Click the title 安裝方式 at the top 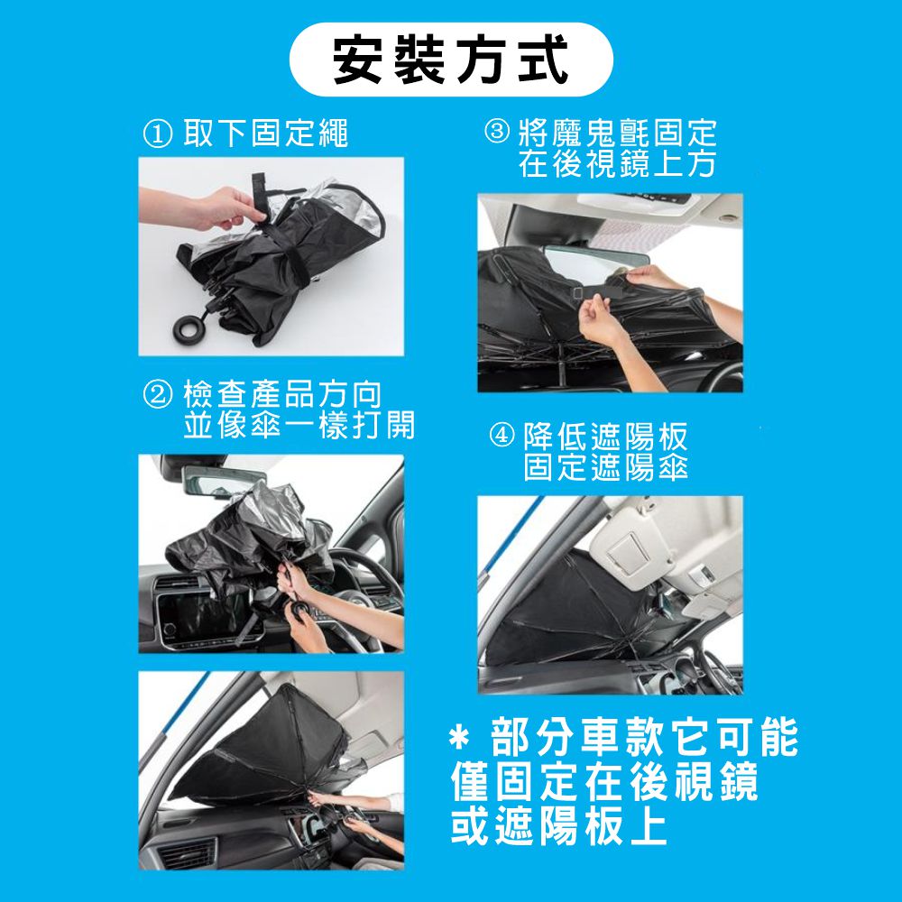(x=451, y=60)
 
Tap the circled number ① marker (x=157, y=134)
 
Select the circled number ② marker (x=157, y=395)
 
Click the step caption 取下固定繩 (x=266, y=133)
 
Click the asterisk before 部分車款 (x=460, y=738)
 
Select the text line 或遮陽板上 (x=558, y=825)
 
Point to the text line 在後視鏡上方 (x=617, y=163)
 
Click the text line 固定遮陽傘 (x=605, y=466)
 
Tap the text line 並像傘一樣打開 (x=299, y=425)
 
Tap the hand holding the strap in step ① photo (x=222, y=207)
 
